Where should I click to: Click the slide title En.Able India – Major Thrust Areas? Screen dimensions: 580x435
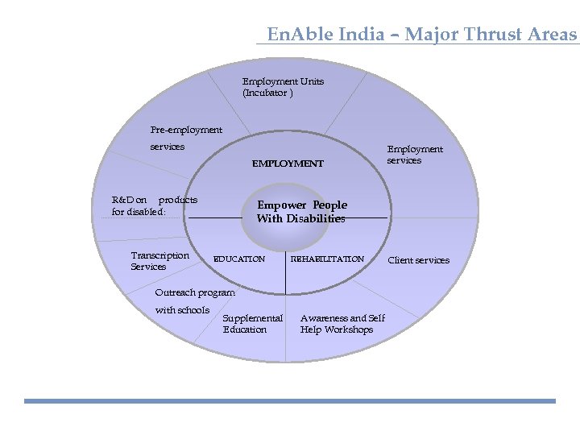tap(421, 35)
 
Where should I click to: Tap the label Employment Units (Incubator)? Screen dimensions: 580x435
tap(283, 87)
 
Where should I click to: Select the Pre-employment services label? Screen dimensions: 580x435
tap(186, 138)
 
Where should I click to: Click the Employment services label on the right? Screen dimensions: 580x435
tap(415, 155)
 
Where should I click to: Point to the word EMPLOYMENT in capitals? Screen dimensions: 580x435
tap(288, 164)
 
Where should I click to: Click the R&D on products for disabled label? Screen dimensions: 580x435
tap(154, 205)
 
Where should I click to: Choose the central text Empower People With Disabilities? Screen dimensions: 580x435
tap(301, 212)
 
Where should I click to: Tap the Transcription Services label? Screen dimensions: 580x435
tap(159, 261)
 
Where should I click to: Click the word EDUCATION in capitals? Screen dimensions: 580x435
tap(238, 259)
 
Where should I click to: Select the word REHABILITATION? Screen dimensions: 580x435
tap(327, 259)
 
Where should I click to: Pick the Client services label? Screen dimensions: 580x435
tap(419, 260)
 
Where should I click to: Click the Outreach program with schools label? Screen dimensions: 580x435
tap(194, 301)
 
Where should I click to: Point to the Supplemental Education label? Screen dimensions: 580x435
tap(252, 324)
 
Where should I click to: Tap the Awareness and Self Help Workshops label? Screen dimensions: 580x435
tap(342, 324)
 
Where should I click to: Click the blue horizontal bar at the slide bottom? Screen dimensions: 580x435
tap(290, 400)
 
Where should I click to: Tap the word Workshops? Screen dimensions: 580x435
tap(349, 329)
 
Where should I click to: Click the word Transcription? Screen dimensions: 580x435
tap(159, 255)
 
